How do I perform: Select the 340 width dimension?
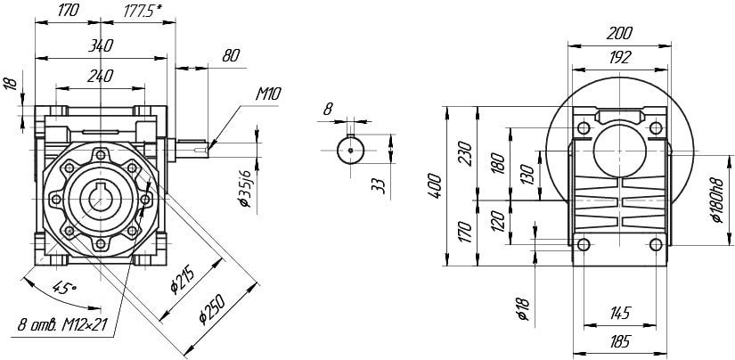101,45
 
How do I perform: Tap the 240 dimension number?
100,76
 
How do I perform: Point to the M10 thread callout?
268,94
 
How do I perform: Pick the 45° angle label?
64,287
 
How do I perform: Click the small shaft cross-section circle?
351,150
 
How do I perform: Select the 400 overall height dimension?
435,185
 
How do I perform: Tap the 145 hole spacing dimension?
620,313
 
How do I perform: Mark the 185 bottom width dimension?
620,341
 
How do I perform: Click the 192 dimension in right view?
620,57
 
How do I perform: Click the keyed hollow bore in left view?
101,200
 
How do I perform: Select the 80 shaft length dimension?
231,56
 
